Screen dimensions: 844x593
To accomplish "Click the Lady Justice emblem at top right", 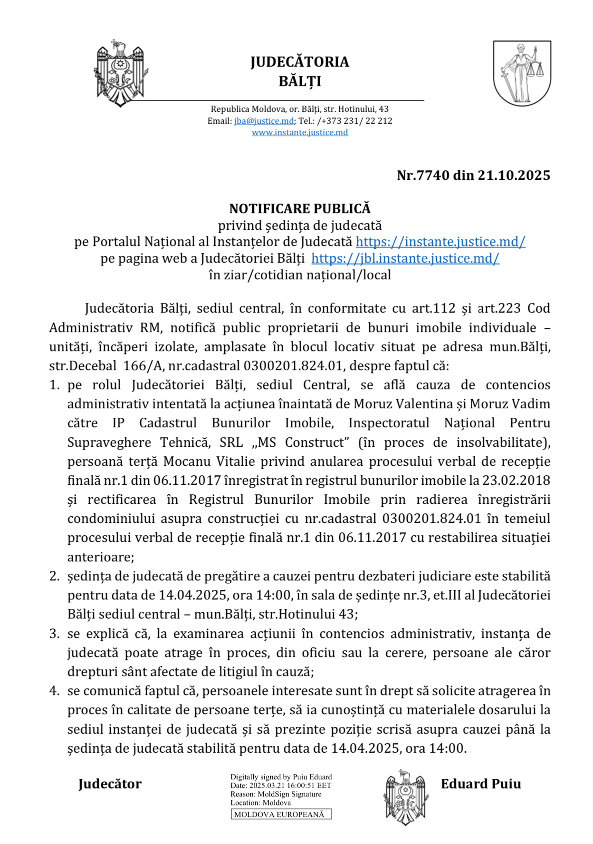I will tap(522, 73).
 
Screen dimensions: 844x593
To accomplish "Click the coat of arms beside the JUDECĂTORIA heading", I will tap(120, 73).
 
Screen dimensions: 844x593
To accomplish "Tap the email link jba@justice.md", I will tap(264, 121).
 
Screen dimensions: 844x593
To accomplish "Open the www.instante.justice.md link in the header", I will tap(300, 132).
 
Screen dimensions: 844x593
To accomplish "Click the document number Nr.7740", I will tap(423, 175).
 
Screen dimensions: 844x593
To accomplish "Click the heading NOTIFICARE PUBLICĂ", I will tap(300, 208).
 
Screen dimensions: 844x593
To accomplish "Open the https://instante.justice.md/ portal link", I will tap(440, 242).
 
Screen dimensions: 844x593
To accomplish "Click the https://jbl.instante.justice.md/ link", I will tap(405, 258).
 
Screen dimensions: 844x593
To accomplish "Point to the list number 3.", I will tap(54, 634).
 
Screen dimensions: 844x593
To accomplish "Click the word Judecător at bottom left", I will tap(110, 784).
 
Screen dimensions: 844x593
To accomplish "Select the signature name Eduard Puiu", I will tap(481, 784).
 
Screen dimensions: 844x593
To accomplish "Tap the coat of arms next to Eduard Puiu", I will tap(405, 797).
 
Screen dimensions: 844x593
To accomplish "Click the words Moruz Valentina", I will tap(403, 404).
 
